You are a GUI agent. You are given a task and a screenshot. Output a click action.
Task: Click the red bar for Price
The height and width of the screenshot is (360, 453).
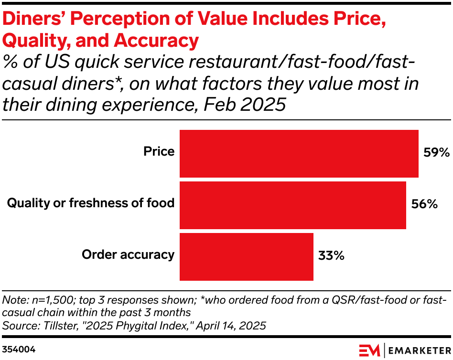point(299,154)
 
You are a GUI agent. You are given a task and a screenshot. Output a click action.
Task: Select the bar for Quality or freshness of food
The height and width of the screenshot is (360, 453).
point(293,205)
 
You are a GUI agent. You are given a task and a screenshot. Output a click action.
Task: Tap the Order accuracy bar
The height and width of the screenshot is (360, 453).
point(247,257)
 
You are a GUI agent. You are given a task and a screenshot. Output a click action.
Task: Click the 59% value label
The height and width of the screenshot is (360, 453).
point(437,152)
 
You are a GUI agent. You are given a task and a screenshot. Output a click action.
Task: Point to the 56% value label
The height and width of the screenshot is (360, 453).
point(424,204)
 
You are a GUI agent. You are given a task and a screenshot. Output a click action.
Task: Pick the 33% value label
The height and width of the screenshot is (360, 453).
point(331,255)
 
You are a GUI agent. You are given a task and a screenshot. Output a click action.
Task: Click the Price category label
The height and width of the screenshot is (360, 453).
point(159,151)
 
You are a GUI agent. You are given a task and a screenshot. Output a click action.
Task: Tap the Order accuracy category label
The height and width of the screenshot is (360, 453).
point(128,254)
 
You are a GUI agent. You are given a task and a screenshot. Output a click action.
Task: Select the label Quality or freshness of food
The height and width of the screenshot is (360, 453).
point(91,203)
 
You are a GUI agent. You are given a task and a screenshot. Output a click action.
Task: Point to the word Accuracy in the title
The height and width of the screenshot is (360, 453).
point(156,41)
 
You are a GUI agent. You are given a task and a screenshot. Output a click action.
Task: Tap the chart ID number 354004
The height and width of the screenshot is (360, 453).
point(19,349)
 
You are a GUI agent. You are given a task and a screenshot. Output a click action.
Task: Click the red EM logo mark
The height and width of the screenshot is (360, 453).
point(369,350)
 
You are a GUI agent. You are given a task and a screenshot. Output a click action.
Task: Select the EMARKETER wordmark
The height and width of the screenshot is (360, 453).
point(420,350)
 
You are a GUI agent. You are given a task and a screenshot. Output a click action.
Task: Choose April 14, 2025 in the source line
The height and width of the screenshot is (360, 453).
point(231,326)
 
